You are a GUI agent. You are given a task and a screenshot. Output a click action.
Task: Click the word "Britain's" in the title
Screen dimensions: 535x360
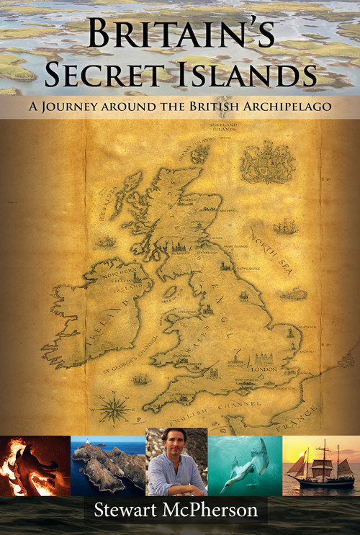pyautogui.click(x=179, y=34)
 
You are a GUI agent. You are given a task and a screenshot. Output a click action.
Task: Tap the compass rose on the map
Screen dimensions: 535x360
pyautogui.click(x=113, y=408)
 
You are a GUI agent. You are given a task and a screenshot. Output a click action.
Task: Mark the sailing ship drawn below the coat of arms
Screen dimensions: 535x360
pyautogui.click(x=285, y=228)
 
